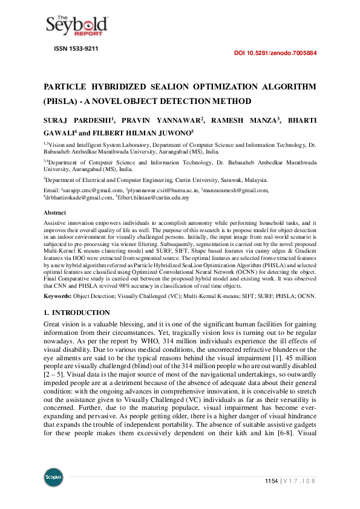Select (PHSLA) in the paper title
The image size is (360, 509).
pos(61,101)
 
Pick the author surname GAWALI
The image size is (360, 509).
pos(59,132)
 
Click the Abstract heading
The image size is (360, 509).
pos(55,213)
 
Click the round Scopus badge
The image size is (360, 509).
pos(53,478)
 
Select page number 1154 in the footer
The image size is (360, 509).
pos(271,481)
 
